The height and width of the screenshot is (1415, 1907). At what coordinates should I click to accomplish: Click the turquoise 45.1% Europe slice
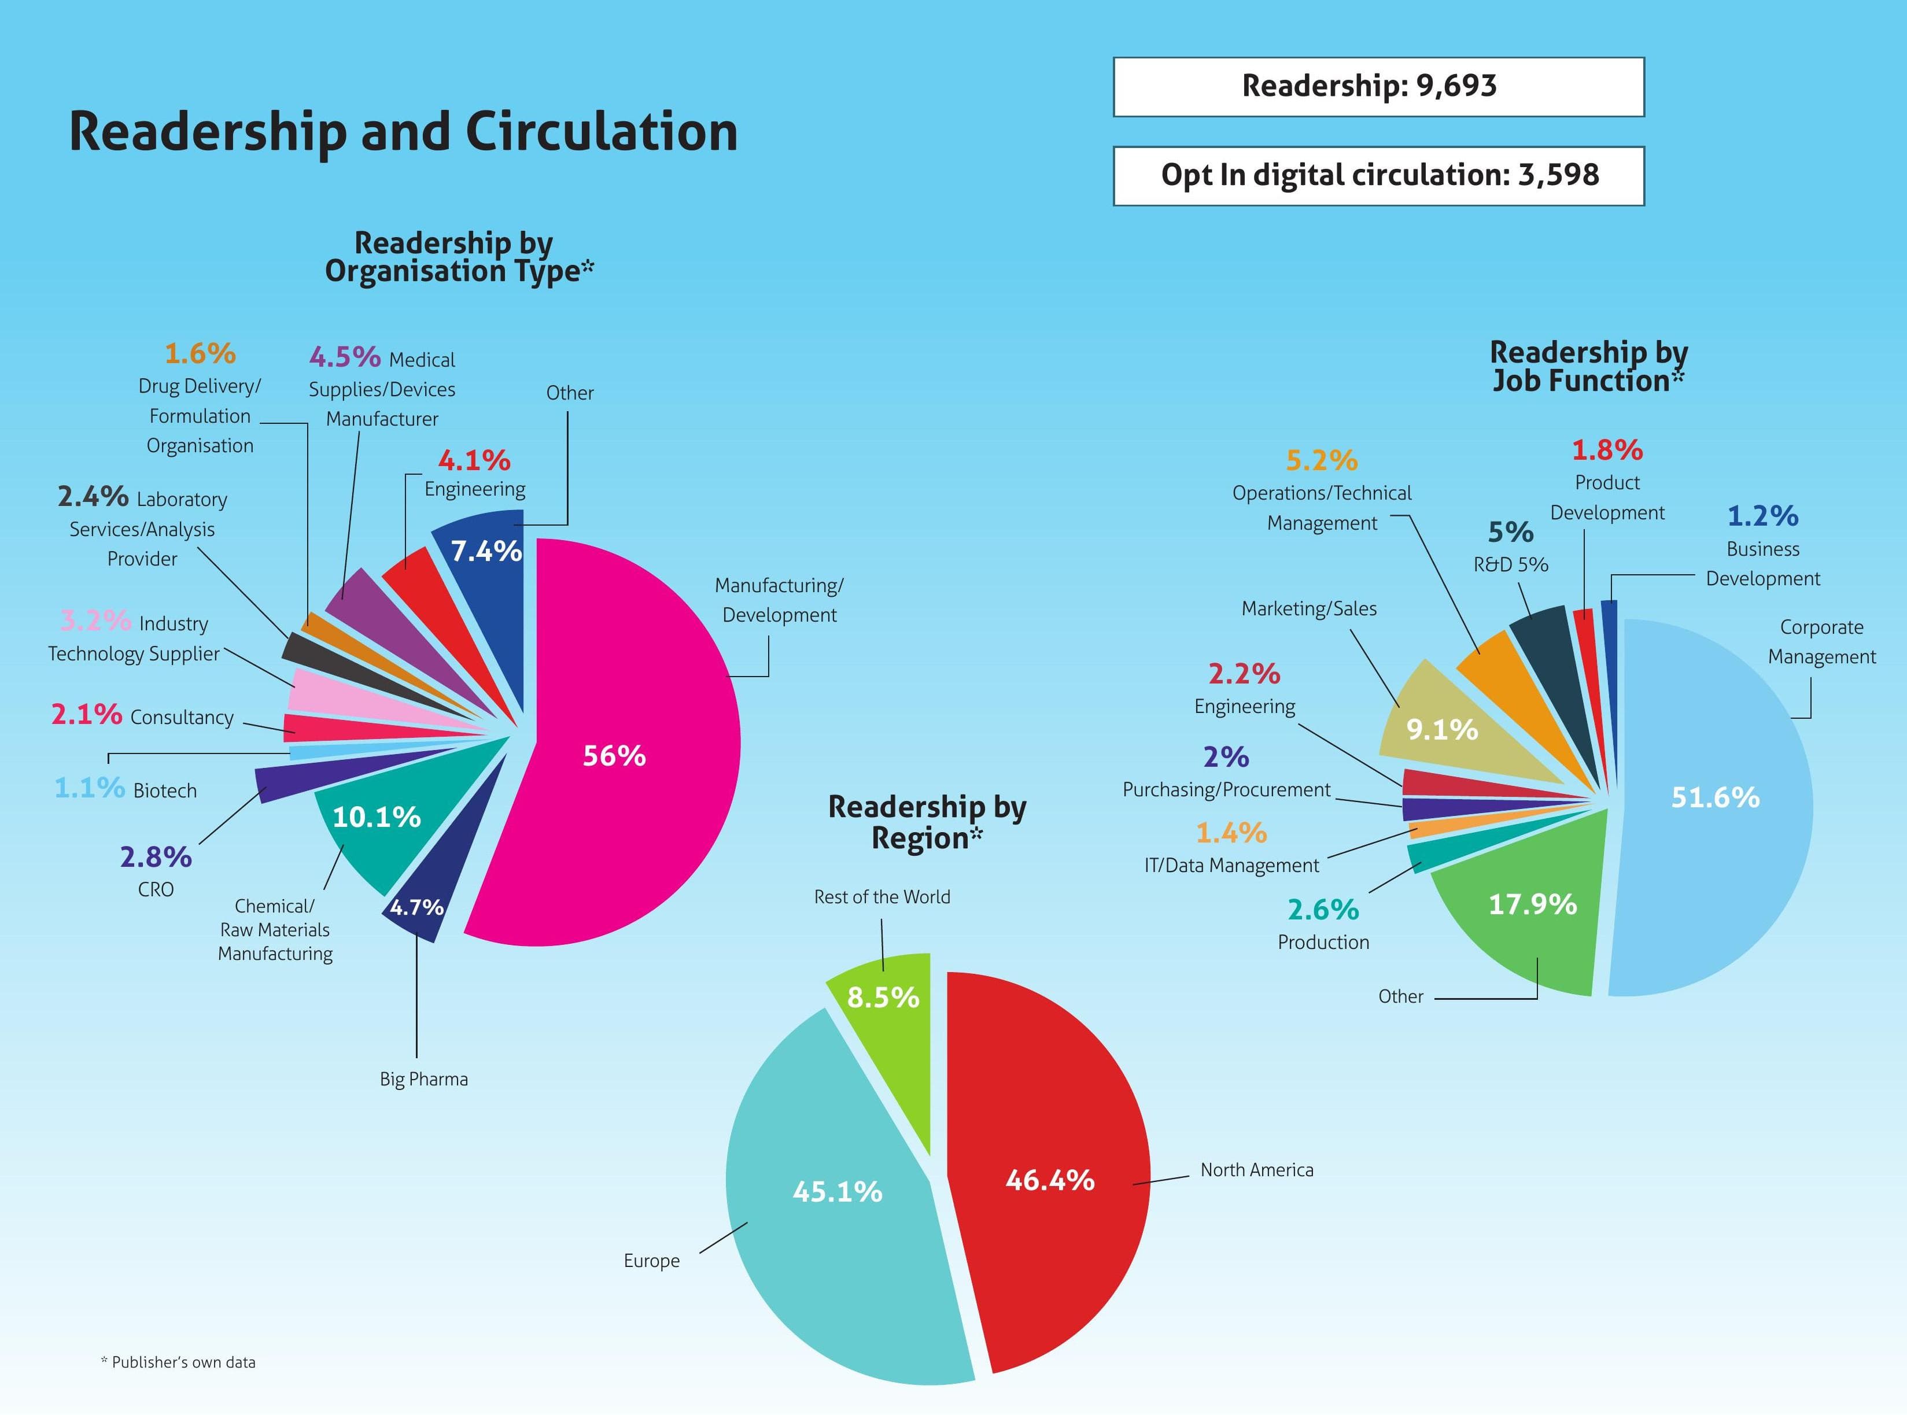835,1216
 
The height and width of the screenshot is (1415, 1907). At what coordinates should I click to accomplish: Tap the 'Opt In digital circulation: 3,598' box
1378,176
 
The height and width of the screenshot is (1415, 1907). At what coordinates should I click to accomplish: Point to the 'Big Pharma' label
424,1079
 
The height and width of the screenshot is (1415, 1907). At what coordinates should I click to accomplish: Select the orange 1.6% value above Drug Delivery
200,353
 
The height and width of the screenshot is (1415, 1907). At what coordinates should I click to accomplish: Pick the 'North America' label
1256,1170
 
